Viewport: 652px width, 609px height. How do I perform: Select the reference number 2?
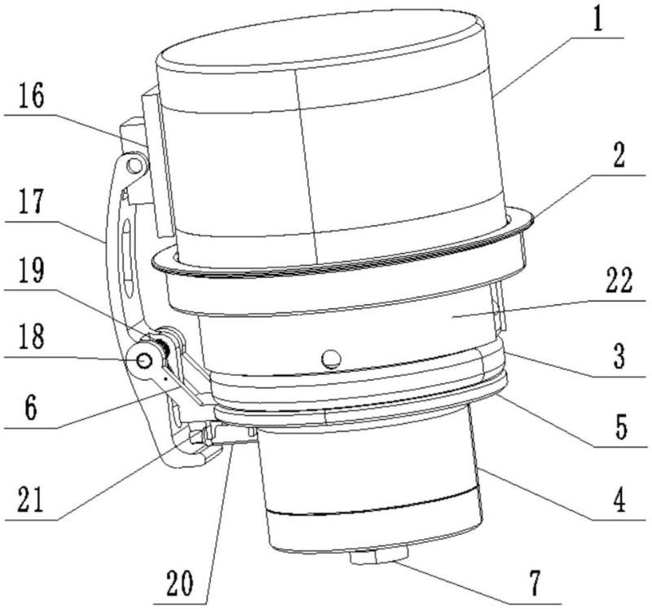pos(619,158)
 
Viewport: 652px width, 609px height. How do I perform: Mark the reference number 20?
pos(187,585)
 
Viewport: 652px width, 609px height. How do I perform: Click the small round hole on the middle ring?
pos(330,358)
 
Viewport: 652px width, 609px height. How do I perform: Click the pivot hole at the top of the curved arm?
pos(136,166)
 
